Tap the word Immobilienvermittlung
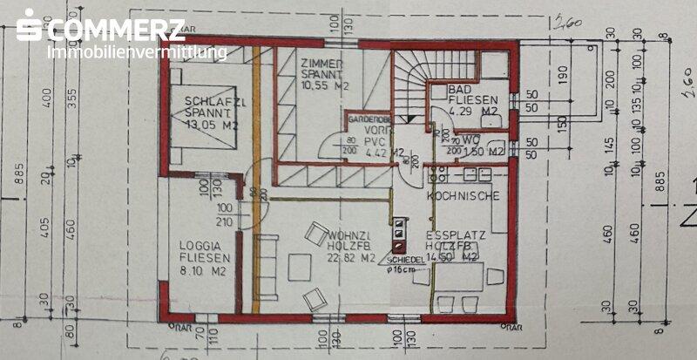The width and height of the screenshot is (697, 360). (x=137, y=53)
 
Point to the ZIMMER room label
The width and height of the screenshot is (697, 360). (x=322, y=65)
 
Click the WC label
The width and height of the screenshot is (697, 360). (x=470, y=139)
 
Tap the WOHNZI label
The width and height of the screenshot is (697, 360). (x=351, y=236)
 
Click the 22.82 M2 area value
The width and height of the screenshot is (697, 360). (x=351, y=257)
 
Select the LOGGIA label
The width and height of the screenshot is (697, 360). (x=206, y=246)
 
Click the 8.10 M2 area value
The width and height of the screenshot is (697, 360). (x=206, y=271)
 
